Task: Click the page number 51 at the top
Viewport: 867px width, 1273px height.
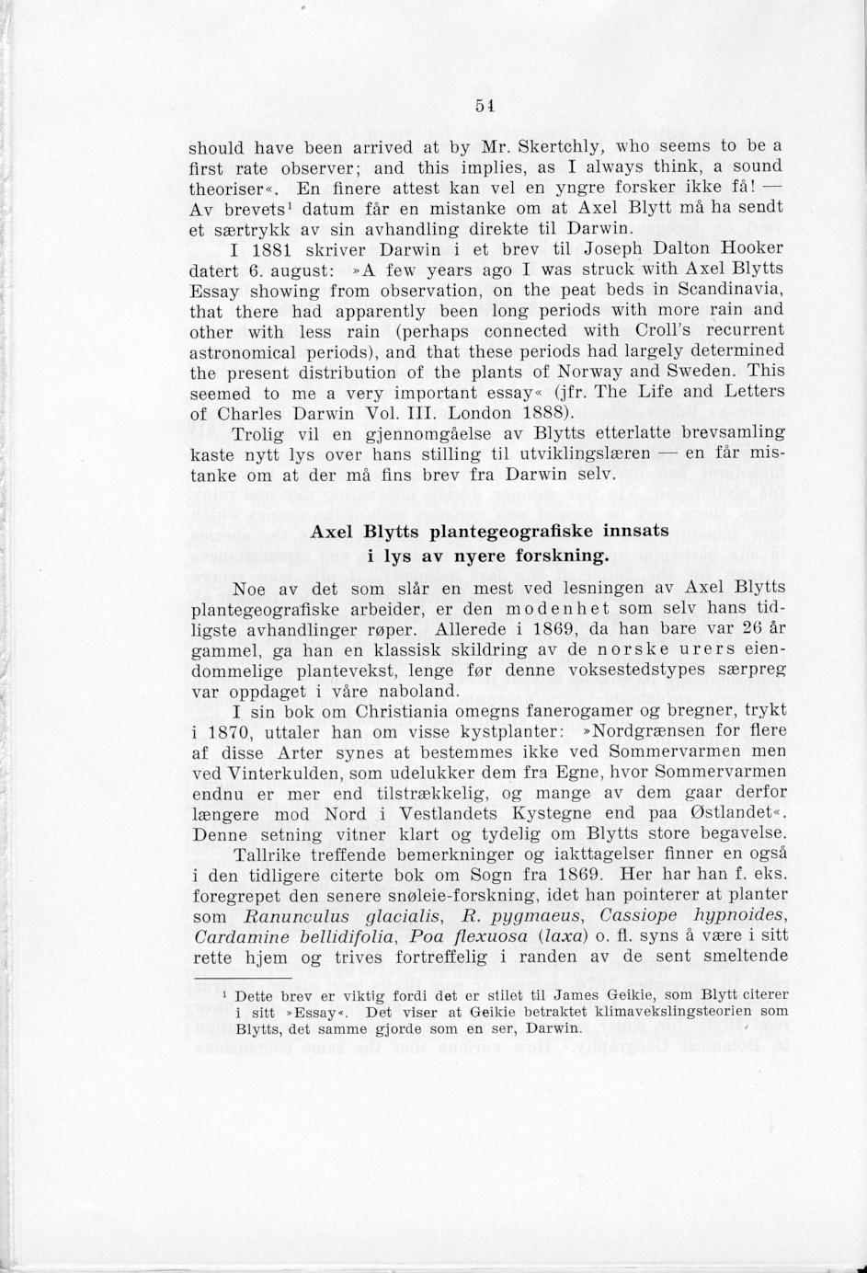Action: (485, 105)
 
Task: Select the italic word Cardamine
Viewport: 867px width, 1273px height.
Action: (245, 936)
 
